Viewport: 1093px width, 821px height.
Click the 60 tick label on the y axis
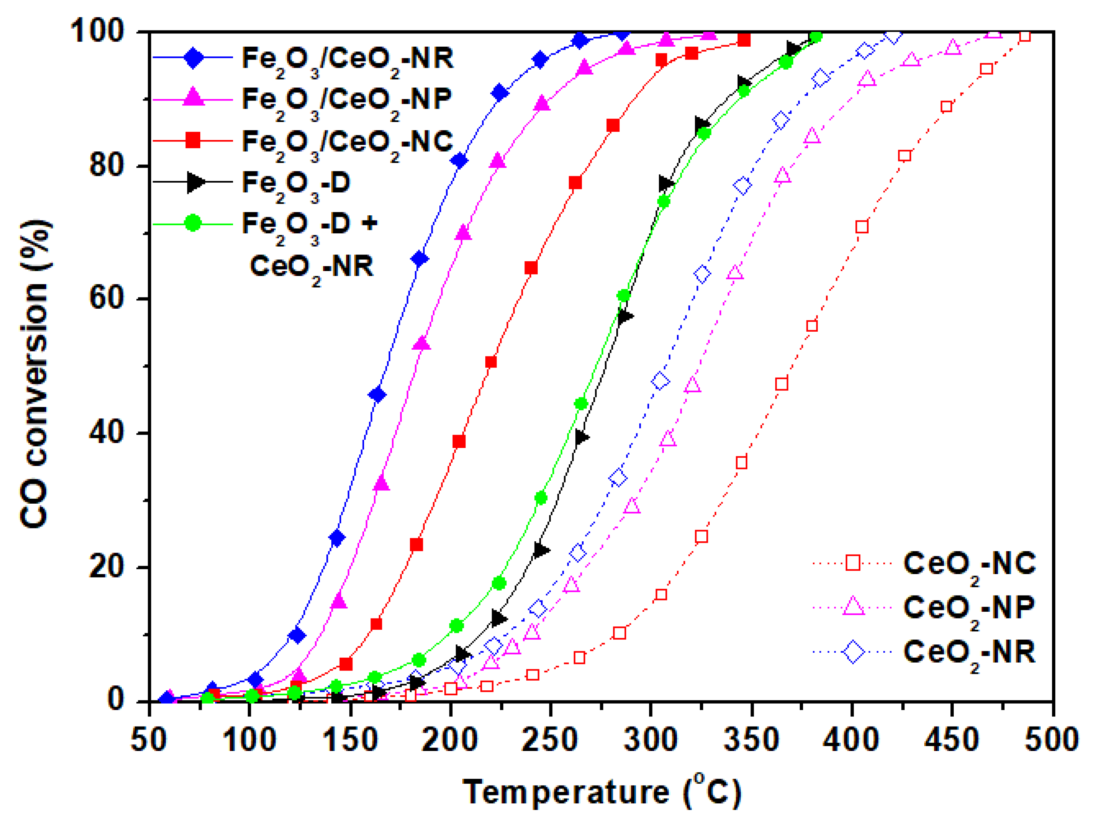pyautogui.click(x=106, y=299)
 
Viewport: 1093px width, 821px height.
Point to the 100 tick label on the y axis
pyautogui.click(x=96, y=31)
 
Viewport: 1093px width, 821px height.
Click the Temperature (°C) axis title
pyautogui.click(x=601, y=792)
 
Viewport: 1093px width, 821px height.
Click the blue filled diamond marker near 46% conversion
pyautogui.click(x=378, y=395)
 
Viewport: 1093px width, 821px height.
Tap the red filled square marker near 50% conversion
pyautogui.click(x=491, y=362)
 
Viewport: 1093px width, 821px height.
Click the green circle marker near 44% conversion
pyautogui.click(x=581, y=404)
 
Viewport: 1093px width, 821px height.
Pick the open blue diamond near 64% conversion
pyautogui.click(x=702, y=274)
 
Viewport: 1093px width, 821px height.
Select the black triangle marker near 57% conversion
pyautogui.click(x=625, y=316)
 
